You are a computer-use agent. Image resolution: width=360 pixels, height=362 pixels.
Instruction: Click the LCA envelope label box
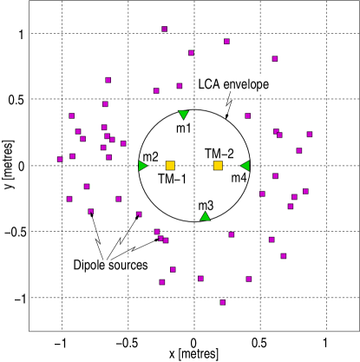click(x=235, y=85)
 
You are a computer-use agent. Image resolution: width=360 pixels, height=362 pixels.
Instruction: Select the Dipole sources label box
click(x=110, y=265)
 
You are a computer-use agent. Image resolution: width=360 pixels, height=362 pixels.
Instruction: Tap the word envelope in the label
click(x=246, y=85)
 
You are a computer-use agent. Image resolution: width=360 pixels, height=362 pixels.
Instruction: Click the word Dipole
click(x=89, y=265)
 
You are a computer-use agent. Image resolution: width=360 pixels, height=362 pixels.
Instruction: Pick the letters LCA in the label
click(x=209, y=85)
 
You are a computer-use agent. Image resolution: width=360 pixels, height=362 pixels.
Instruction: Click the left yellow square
click(x=170, y=166)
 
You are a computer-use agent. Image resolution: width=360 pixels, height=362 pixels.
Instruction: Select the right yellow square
click(x=218, y=166)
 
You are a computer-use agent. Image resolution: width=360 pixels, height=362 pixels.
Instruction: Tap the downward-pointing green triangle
click(x=183, y=115)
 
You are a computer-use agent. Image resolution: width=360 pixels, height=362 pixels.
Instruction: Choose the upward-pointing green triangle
click(x=205, y=216)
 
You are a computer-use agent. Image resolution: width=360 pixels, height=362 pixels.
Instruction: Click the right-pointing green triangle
click(x=143, y=166)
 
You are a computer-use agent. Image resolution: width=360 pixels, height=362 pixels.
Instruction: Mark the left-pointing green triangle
click(x=245, y=166)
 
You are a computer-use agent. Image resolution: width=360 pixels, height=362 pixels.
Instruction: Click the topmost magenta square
click(x=164, y=29)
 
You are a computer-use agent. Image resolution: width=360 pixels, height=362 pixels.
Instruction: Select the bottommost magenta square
click(x=222, y=302)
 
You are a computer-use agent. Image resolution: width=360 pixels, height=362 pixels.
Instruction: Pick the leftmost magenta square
click(x=60, y=159)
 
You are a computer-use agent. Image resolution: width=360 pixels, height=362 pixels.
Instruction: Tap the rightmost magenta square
click(x=310, y=134)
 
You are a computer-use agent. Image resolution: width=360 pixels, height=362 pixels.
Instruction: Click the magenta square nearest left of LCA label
click(x=180, y=86)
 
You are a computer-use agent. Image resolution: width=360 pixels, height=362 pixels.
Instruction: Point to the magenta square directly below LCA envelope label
click(x=247, y=115)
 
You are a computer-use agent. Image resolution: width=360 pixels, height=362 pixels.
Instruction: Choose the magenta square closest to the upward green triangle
click(x=231, y=234)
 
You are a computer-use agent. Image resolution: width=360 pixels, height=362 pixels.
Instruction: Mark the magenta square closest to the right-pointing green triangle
click(x=123, y=143)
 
